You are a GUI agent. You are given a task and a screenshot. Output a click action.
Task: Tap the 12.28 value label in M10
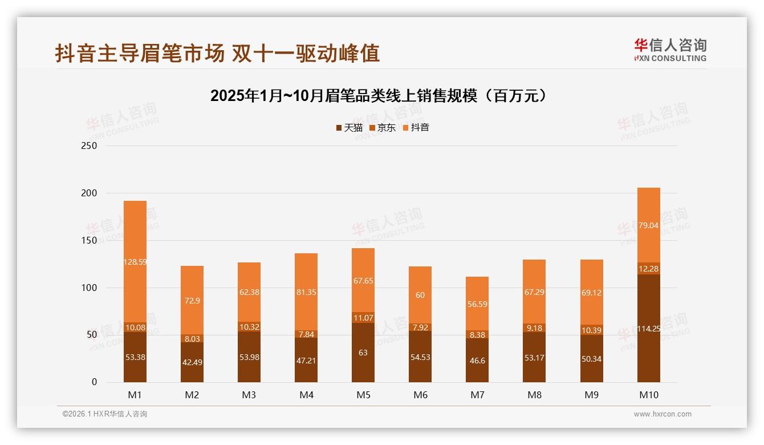tap(649, 269)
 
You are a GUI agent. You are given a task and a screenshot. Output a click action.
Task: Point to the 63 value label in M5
tap(363, 353)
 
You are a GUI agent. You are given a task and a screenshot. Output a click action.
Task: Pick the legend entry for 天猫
tap(349, 127)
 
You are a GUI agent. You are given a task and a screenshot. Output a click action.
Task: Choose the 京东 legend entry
tap(383, 127)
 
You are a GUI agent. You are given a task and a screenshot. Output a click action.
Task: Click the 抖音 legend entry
tap(416, 127)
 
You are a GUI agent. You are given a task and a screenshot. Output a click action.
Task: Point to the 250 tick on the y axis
tap(90, 145)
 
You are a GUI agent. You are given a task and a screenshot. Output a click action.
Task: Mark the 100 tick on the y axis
tap(90, 288)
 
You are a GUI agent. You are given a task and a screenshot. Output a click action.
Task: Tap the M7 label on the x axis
tap(477, 395)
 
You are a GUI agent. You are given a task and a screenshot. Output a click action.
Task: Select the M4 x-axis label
tap(306, 395)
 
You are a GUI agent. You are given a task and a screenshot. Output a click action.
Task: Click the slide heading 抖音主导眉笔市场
tap(217, 54)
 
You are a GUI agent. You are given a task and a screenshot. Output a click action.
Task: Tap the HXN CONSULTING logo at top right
tap(670, 50)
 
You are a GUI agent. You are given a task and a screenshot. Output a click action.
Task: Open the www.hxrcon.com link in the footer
tap(663, 414)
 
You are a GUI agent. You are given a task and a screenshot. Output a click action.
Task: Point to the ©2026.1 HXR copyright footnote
tap(105, 414)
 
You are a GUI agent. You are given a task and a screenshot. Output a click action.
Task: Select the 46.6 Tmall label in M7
tap(477, 361)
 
